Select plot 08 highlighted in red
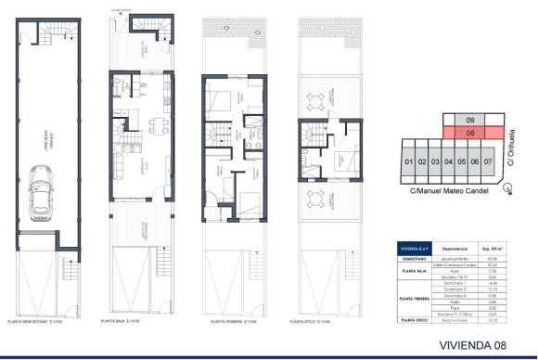(x=470, y=133)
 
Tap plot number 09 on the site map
(x=470, y=121)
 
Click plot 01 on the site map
(x=408, y=162)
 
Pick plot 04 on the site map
(x=449, y=162)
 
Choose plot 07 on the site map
(x=489, y=162)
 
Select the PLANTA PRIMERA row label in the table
(x=412, y=300)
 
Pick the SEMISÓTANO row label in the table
(x=412, y=259)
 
